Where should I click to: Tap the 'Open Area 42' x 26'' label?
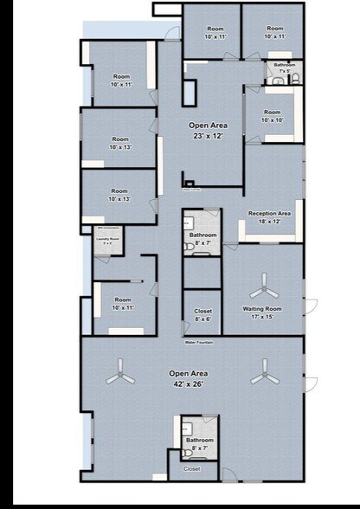click(x=188, y=378)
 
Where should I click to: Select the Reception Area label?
click(x=269, y=216)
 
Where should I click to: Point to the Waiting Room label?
click(x=262, y=312)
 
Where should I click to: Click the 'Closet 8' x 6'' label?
click(x=202, y=314)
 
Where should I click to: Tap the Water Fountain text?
click(x=199, y=342)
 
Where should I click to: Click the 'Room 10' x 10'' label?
click(x=272, y=115)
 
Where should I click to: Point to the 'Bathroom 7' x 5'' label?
click(x=285, y=67)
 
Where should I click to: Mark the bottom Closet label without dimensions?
click(x=192, y=468)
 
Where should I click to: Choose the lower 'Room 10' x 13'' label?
click(x=119, y=194)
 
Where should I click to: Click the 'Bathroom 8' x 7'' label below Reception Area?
click(x=202, y=238)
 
